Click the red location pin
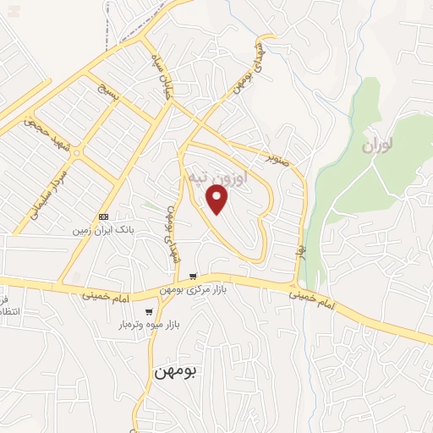coord(218,200)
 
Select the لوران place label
coord(377,145)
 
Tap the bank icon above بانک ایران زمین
coord(104,216)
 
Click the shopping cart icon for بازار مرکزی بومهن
coord(193,277)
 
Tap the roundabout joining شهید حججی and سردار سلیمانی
coord(77,153)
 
